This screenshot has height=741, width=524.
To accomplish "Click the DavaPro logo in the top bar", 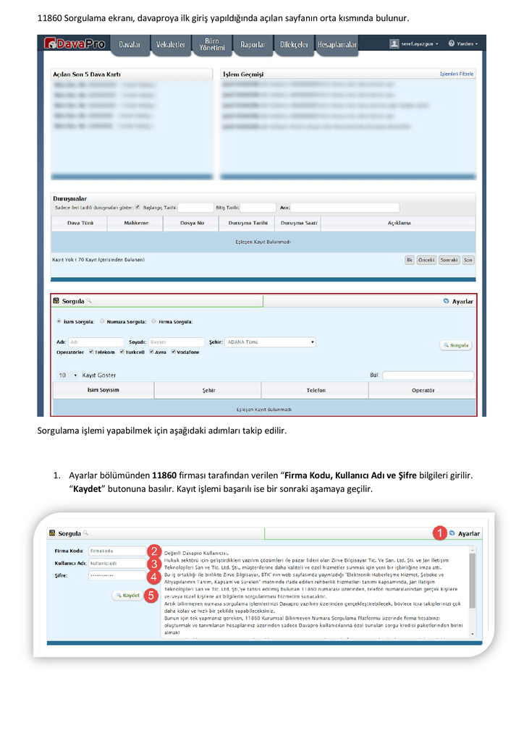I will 75,44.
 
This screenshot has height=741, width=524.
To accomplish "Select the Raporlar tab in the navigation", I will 253,45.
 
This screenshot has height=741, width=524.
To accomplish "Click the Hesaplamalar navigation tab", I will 337,45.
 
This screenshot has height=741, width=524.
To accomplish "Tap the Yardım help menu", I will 462,43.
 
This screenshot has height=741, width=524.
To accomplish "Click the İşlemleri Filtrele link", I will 456,74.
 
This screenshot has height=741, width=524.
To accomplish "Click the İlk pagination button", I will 409,260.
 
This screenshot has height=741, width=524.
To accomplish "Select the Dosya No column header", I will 192,223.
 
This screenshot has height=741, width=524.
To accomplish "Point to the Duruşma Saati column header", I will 298,223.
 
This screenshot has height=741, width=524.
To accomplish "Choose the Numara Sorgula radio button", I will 102,321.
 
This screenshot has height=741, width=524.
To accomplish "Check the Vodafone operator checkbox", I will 174,352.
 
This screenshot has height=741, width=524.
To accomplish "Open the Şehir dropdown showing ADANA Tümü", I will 269,342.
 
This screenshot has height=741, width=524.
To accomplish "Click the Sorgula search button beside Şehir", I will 456,345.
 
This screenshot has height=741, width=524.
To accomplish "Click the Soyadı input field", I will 177,342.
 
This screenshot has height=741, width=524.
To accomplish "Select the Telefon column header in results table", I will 316,390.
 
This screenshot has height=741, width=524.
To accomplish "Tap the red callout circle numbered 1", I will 439,533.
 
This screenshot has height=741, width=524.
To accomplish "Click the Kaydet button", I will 127,596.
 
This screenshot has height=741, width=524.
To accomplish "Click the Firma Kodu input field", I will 116,551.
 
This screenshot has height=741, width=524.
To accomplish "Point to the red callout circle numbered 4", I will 153,577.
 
